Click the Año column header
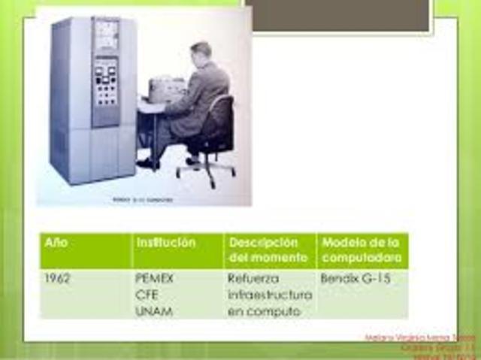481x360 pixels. tap(56, 244)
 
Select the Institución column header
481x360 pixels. tap(165, 244)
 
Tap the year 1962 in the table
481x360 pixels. tap(58, 277)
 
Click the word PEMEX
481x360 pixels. tap(154, 277)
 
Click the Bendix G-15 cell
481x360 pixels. tap(352, 277)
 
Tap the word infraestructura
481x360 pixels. tap(269, 294)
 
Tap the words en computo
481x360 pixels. tap(259, 310)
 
